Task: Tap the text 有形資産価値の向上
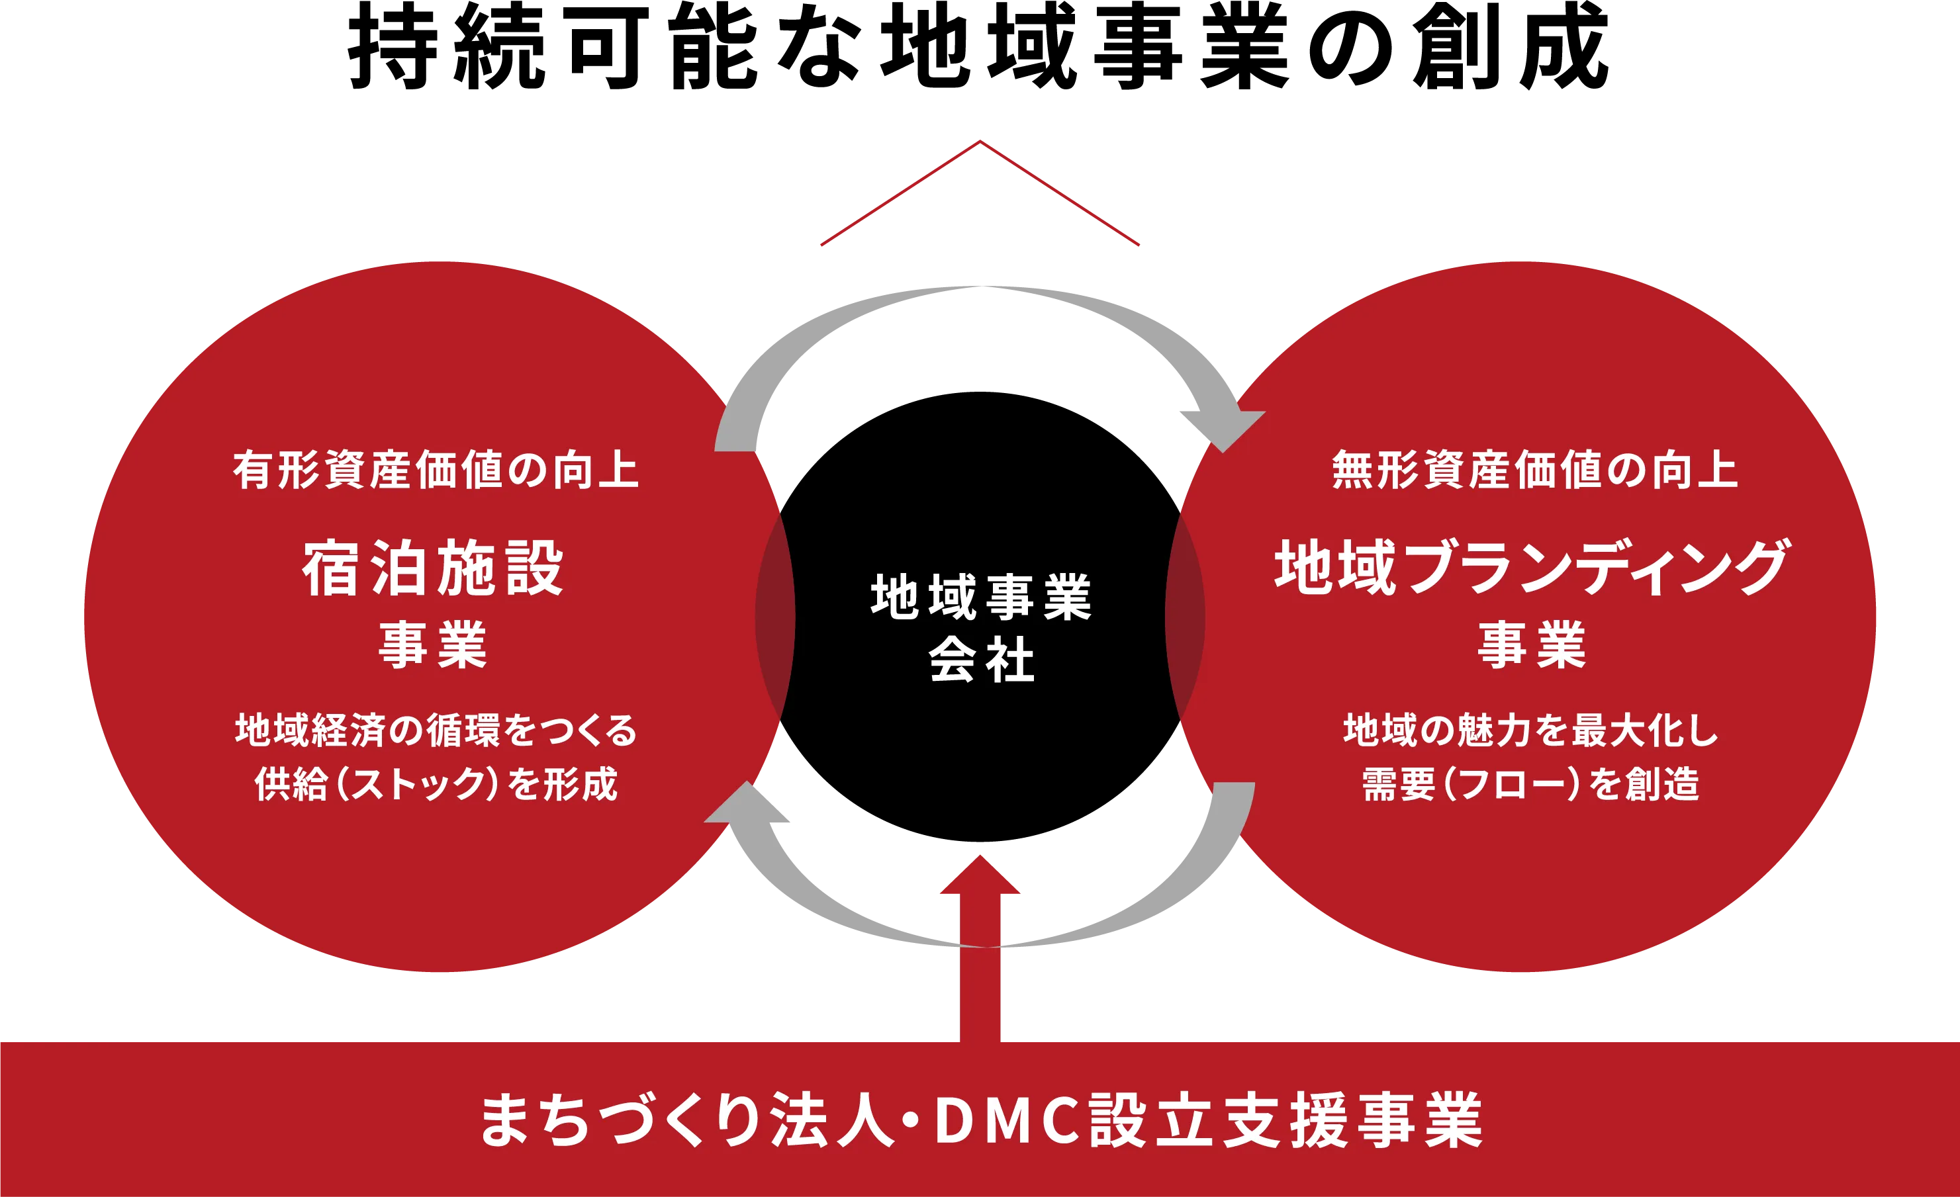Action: [436, 469]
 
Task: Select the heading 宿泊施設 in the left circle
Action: [434, 568]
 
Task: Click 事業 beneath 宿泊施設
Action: [434, 644]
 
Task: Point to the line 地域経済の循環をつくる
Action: [436, 730]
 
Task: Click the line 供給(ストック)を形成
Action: [436, 784]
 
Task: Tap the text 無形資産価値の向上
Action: [1534, 469]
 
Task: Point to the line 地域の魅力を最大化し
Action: [1531, 730]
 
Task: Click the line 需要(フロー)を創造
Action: [1531, 784]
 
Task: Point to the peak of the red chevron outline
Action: [980, 143]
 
